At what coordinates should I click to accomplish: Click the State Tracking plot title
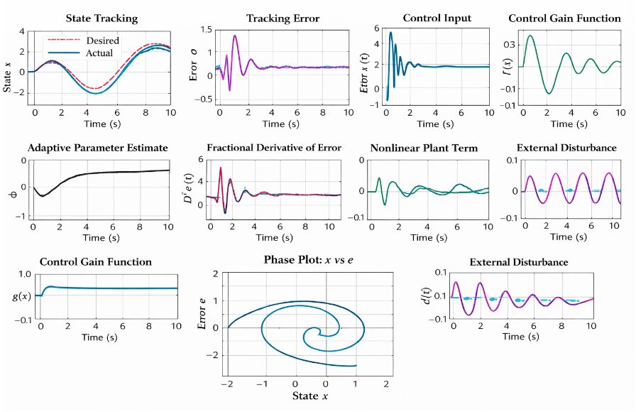[x=102, y=18]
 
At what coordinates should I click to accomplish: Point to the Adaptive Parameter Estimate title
[x=98, y=148]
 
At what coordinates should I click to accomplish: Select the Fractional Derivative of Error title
[x=273, y=148]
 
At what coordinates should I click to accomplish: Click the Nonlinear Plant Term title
[x=424, y=148]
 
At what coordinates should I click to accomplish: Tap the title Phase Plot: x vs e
[x=308, y=261]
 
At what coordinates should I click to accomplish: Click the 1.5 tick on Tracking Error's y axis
[x=207, y=29]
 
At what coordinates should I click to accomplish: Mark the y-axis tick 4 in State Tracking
[x=22, y=32]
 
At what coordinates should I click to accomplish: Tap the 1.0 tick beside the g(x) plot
[x=25, y=274]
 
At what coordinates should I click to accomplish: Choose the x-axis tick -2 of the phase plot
[x=228, y=384]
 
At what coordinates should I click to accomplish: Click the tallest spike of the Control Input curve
[x=390, y=32]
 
